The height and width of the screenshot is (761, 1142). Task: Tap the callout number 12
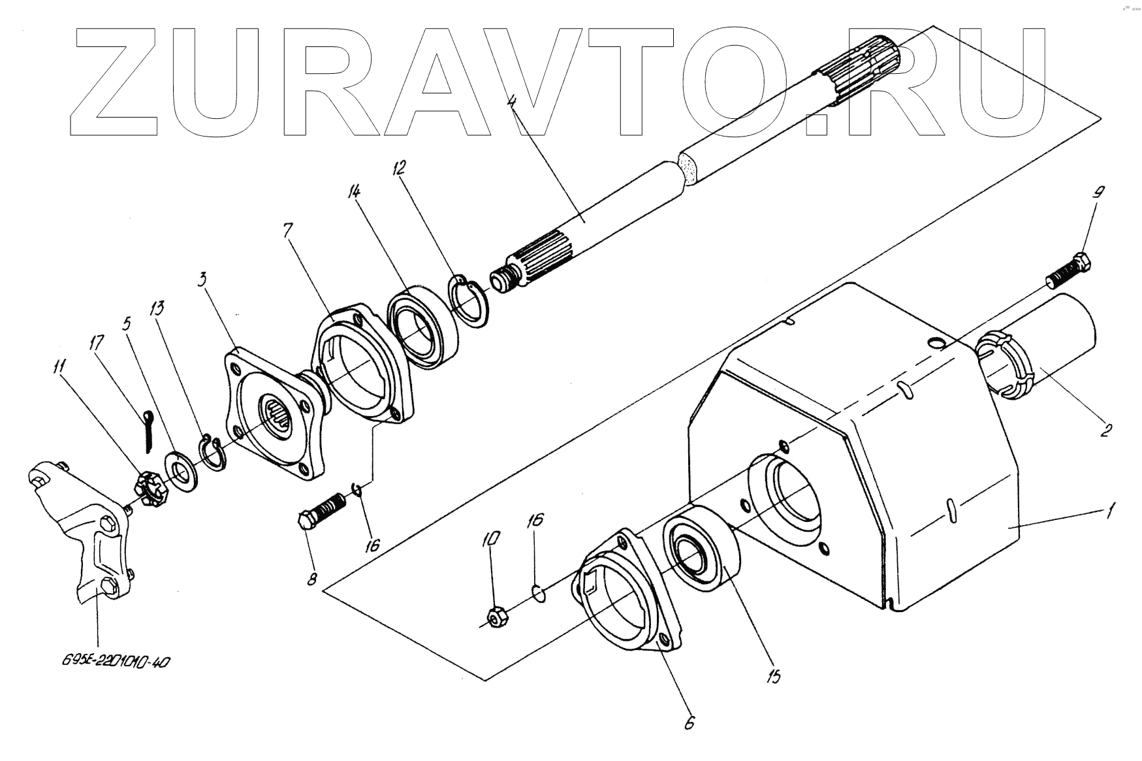[398, 169]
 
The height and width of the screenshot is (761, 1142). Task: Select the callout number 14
[355, 191]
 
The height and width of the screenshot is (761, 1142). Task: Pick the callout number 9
[1098, 193]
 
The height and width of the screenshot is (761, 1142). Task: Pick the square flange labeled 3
[274, 415]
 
